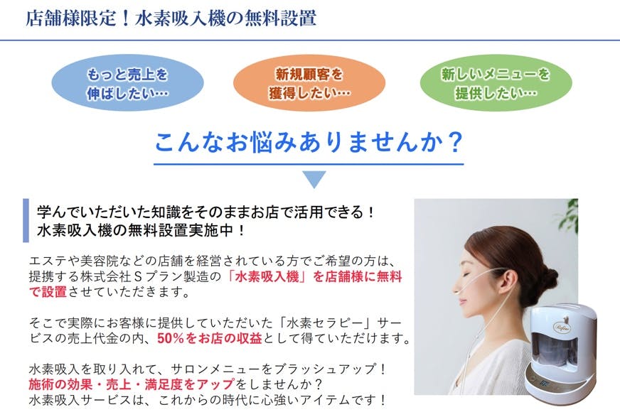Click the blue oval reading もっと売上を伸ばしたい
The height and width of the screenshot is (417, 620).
tap(128, 83)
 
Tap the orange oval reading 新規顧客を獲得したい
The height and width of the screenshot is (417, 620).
tap(309, 83)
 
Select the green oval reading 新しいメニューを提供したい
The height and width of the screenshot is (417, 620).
tap(496, 83)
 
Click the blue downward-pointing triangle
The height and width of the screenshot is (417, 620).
tap(314, 179)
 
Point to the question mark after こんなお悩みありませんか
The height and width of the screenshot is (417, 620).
tap(456, 142)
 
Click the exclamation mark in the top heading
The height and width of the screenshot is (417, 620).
tap(126, 18)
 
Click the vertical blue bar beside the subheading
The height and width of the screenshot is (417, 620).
tap(26, 220)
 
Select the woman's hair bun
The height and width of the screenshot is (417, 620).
tap(547, 276)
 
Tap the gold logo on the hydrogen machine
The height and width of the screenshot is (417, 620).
tap(562, 326)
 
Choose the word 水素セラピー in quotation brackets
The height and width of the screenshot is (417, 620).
tap(326, 323)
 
